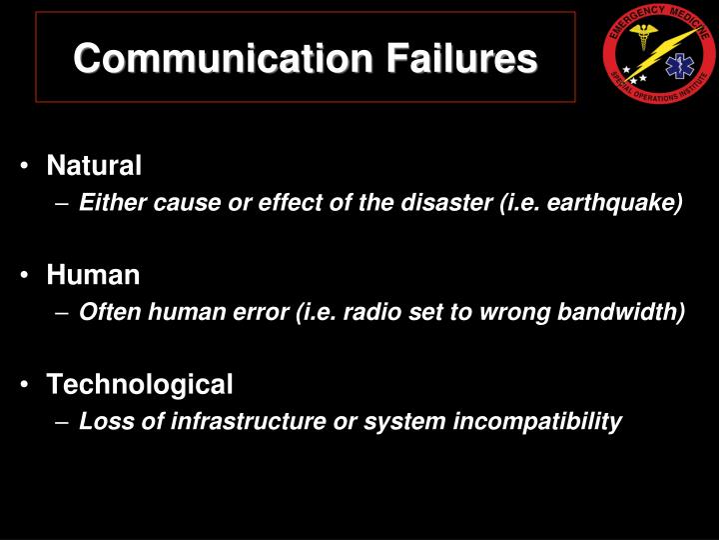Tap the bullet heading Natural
95,165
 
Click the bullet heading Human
93,274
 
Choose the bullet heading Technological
140,383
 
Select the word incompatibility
537,421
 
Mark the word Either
111,203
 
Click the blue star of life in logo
678,66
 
